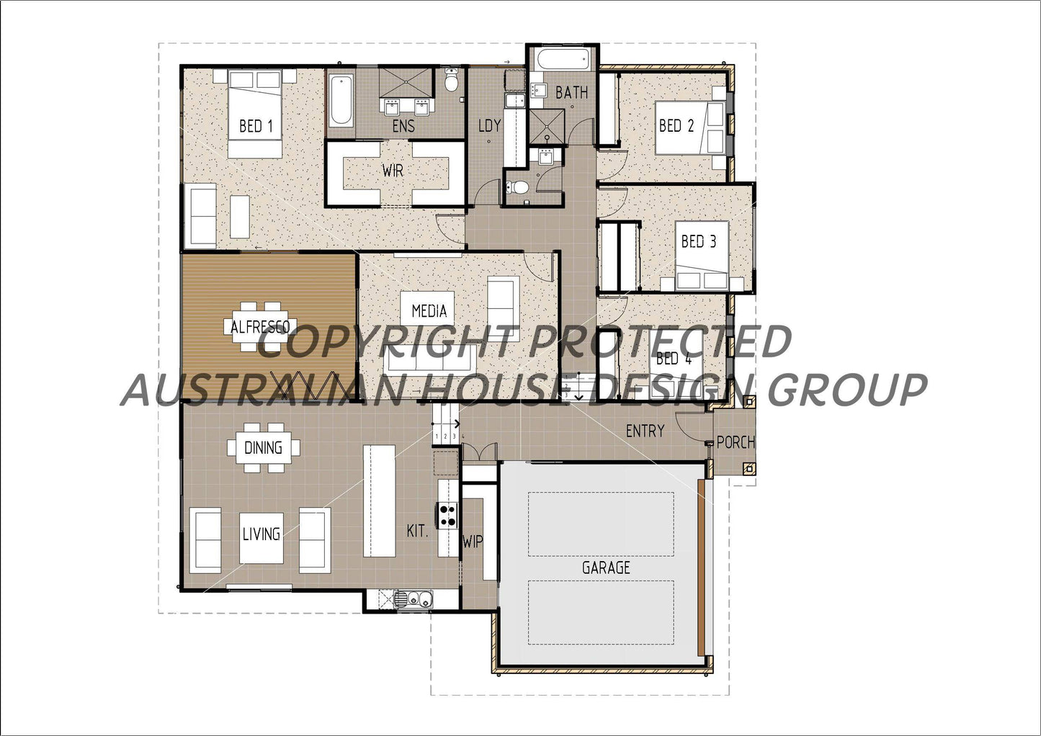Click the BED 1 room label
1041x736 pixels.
(x=256, y=127)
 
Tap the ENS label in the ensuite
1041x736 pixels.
(x=403, y=127)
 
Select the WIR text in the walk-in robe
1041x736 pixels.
(x=393, y=171)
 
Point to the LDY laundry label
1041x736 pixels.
(x=489, y=126)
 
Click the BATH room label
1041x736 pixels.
(x=571, y=93)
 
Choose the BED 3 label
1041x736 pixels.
(x=698, y=242)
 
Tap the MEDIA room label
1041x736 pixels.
(x=429, y=311)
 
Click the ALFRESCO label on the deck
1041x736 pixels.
(x=260, y=328)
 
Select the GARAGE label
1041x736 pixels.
(x=606, y=567)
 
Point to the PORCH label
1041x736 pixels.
(x=736, y=442)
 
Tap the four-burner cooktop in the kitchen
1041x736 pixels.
(x=448, y=516)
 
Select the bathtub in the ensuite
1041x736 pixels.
(x=341, y=102)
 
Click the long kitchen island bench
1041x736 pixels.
(x=379, y=501)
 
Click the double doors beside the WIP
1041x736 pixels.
(x=479, y=453)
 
